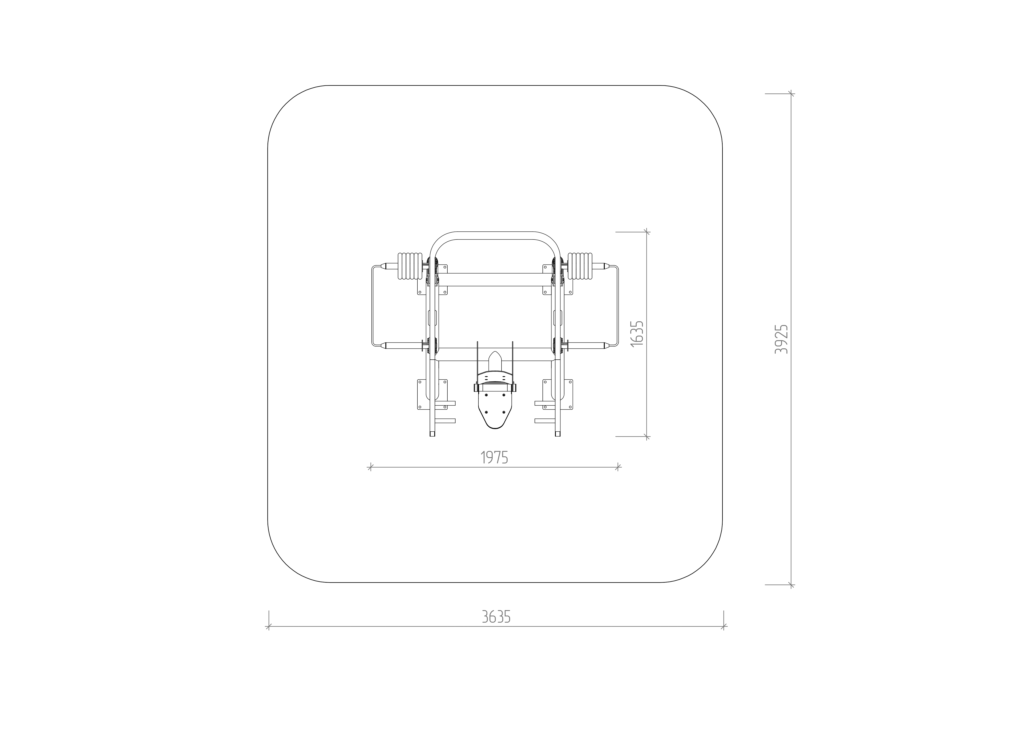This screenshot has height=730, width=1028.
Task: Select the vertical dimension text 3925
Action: (782, 339)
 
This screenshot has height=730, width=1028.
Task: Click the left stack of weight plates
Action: (410, 267)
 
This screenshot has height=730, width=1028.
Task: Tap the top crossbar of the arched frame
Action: (495, 236)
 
